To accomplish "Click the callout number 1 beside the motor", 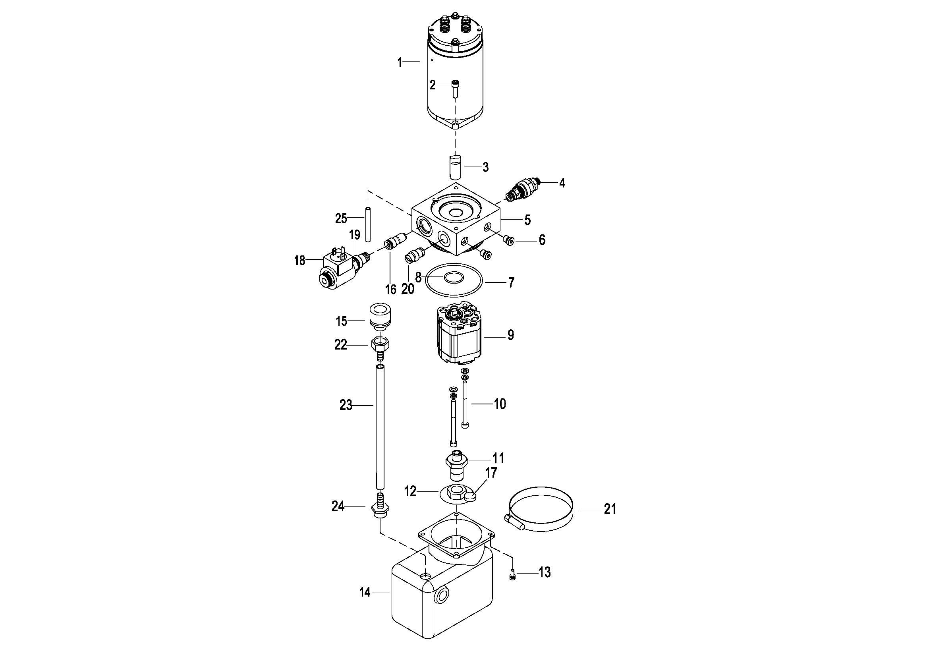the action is (400, 63).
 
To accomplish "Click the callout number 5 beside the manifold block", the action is (527, 220).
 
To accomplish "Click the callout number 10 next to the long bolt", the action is (500, 404).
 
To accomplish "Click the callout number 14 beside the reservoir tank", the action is (365, 593).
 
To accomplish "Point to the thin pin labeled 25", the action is (85, 224).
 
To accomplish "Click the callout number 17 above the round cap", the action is (491, 473).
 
